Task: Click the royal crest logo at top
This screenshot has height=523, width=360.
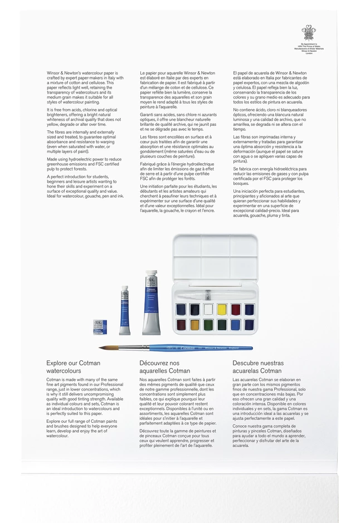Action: pos(308,32)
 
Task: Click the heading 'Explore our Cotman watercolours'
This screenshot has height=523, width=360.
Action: pos(73,366)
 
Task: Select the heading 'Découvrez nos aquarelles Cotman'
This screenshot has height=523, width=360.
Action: pos(164,366)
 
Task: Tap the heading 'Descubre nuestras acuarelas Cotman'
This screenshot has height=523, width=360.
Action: pos(257,366)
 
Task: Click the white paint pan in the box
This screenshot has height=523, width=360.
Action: pos(208,310)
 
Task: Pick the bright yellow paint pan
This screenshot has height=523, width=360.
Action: pos(221,310)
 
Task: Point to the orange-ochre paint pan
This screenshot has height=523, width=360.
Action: pos(195,324)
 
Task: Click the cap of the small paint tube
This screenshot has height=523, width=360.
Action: pos(124,290)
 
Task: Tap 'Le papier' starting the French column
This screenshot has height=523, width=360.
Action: pos(149,73)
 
